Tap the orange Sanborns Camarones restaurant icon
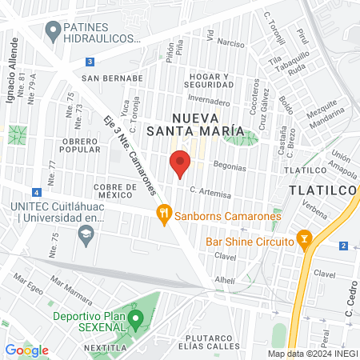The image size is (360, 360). click(x=163, y=213)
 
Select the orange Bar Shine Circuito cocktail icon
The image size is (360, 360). click(x=303, y=238)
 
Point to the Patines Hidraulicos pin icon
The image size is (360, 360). click(x=54, y=32)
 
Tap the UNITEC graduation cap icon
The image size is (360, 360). click(x=84, y=234)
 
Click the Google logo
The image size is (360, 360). click(x=26, y=350)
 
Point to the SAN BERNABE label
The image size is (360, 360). click(x=112, y=78)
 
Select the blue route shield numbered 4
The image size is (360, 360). click(x=36, y=192)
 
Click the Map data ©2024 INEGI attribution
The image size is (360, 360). click(x=311, y=354)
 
